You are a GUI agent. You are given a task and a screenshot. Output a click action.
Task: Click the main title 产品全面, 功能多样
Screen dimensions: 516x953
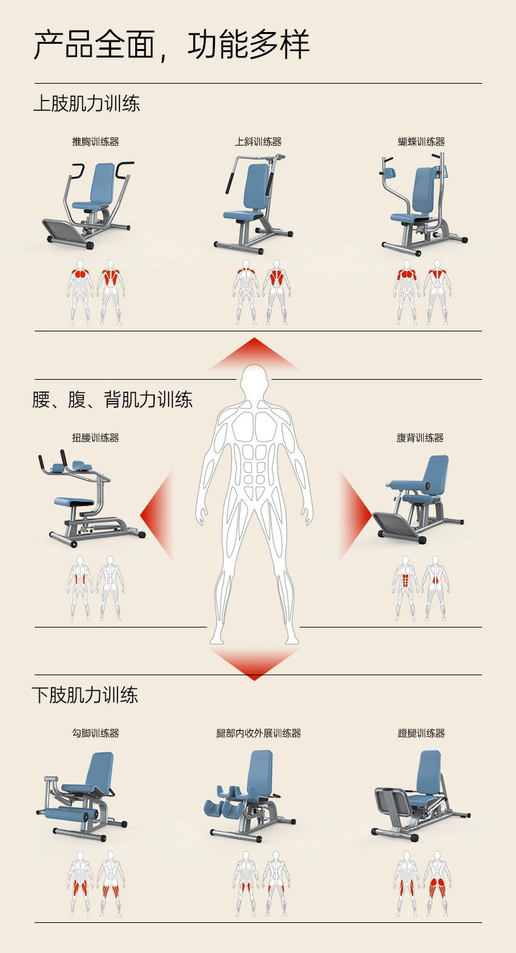[171, 45]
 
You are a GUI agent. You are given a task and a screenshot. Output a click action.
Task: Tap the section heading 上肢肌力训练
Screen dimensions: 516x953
[86, 104]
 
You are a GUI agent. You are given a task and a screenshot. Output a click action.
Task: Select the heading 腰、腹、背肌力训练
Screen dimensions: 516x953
[112, 399]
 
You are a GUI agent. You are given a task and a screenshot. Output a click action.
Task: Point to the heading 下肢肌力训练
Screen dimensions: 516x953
[85, 695]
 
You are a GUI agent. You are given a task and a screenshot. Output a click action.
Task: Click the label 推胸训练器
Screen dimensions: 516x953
[95, 142]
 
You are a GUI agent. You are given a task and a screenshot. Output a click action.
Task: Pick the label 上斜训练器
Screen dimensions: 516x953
[258, 142]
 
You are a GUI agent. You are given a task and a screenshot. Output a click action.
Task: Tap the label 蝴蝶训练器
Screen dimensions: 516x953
[421, 142]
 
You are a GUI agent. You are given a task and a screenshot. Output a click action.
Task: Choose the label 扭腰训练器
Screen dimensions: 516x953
[95, 438]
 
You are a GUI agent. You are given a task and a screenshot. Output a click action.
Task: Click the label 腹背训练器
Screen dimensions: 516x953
[420, 438]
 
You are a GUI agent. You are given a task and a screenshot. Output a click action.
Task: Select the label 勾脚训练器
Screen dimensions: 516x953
[95, 733]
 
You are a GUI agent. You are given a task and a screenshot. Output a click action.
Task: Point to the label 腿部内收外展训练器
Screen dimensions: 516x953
[259, 733]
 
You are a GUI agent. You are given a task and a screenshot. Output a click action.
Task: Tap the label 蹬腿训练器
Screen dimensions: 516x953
[421, 733]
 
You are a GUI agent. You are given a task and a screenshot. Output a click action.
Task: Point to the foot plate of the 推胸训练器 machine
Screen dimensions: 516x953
[66, 232]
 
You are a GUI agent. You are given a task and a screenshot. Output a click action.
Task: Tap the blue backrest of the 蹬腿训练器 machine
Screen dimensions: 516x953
[428, 773]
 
